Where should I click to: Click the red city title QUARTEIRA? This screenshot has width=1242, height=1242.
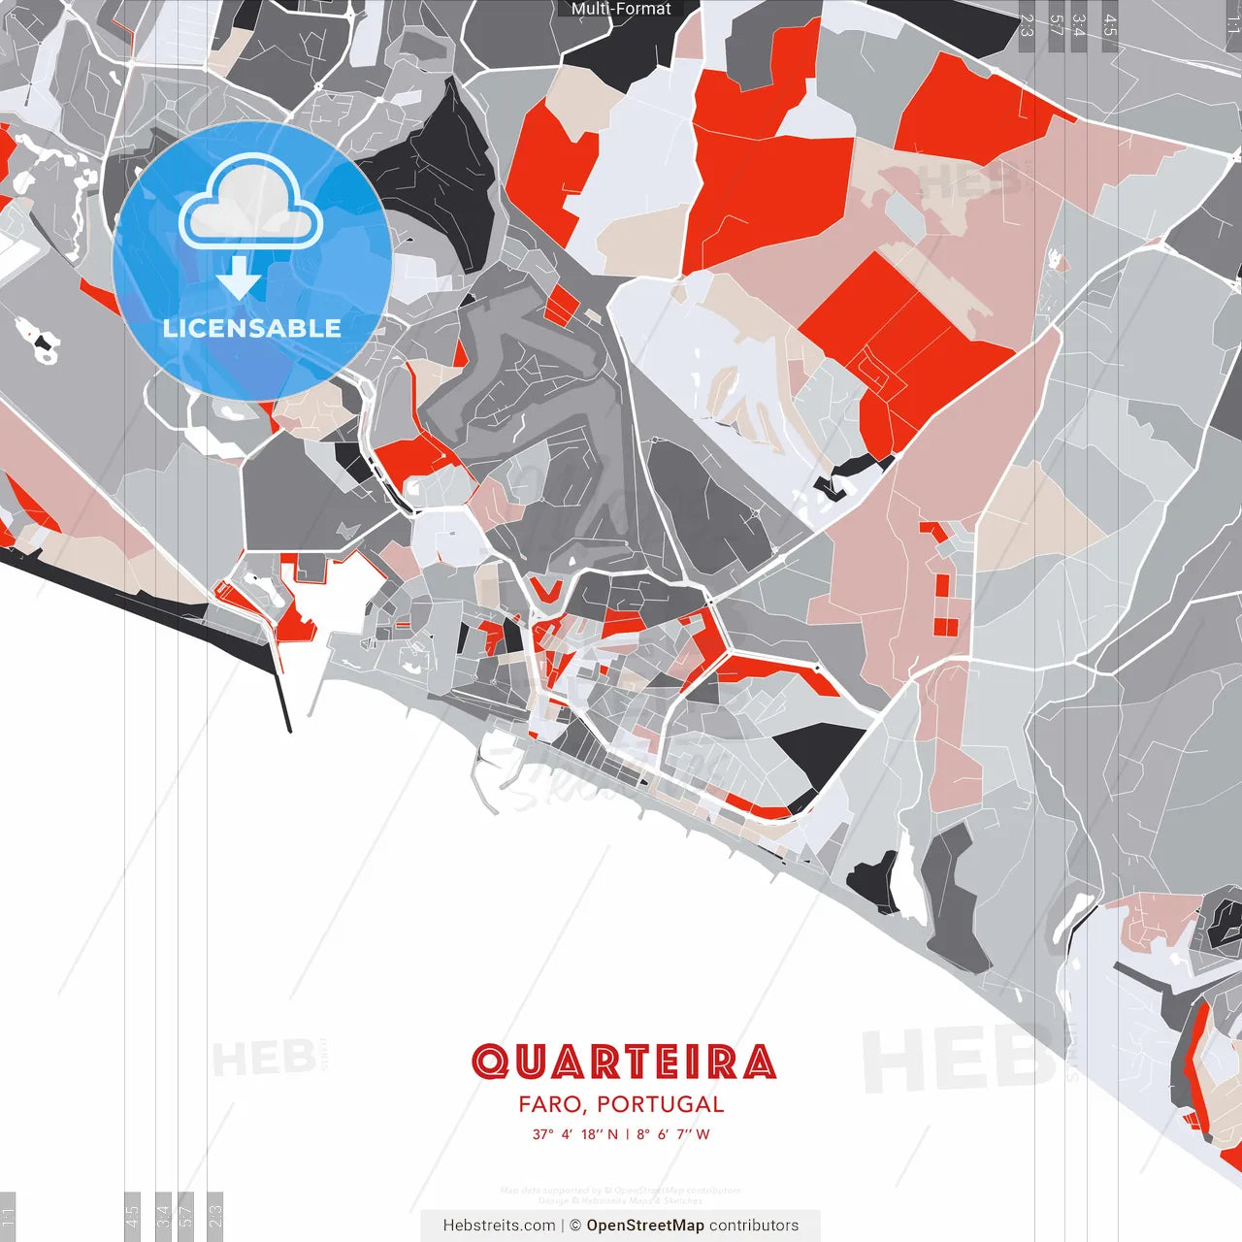pyautogui.click(x=623, y=1062)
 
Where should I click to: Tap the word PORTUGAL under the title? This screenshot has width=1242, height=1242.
pyautogui.click(x=660, y=1104)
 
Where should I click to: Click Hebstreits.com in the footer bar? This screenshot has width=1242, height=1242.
pyautogui.click(x=499, y=1226)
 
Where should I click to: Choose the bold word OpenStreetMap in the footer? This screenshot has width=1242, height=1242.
pyautogui.click(x=645, y=1226)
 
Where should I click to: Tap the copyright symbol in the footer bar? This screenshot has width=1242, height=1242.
pyautogui.click(x=575, y=1226)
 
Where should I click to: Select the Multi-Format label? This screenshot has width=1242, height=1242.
pyautogui.click(x=621, y=9)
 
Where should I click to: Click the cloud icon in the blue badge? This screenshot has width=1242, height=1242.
pyautogui.click(x=250, y=205)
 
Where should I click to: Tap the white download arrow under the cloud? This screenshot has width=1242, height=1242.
pyautogui.click(x=239, y=279)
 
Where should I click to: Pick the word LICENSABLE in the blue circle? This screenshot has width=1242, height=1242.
pyautogui.click(x=252, y=328)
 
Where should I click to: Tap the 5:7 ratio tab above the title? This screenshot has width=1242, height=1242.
pyautogui.click(x=1056, y=25)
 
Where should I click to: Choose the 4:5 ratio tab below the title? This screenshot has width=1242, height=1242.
pyautogui.click(x=132, y=1214)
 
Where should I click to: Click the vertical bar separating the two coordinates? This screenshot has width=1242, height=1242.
pyautogui.click(x=627, y=1134)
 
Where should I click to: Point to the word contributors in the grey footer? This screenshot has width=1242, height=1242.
pyautogui.click(x=754, y=1226)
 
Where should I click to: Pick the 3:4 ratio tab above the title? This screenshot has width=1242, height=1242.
pyautogui.click(x=1079, y=25)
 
